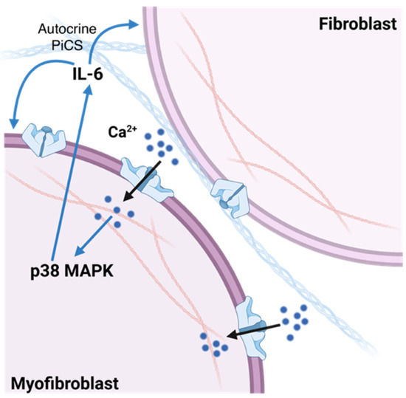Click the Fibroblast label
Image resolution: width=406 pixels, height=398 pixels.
[354, 23]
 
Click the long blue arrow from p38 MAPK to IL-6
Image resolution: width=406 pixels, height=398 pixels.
[70, 170]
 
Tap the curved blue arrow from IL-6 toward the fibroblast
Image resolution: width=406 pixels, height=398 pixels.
[110, 33]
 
